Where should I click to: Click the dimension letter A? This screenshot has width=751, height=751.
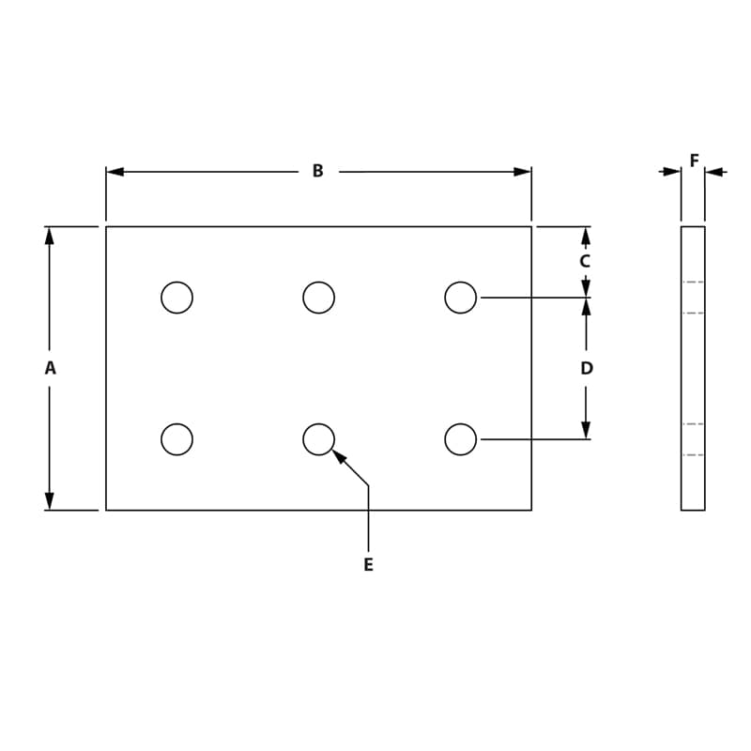click(x=50, y=369)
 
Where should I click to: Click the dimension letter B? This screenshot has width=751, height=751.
click(x=317, y=171)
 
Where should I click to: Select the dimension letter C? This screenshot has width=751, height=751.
click(x=585, y=261)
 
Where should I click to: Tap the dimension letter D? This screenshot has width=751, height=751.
click(x=587, y=369)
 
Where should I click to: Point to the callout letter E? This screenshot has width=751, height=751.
click(x=368, y=565)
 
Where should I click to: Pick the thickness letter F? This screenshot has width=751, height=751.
click(x=694, y=161)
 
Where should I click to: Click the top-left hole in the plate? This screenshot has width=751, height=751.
click(x=176, y=298)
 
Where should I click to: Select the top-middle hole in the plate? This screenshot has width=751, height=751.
click(x=318, y=298)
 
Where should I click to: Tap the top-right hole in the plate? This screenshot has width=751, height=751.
click(x=460, y=298)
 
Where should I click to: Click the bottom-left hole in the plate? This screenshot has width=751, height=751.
click(x=176, y=439)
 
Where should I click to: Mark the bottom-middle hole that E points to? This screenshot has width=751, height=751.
click(x=318, y=439)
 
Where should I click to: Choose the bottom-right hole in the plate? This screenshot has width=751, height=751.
click(x=460, y=439)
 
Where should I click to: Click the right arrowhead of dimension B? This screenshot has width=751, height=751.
click(x=522, y=172)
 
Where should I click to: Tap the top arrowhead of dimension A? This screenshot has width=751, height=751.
click(x=50, y=236)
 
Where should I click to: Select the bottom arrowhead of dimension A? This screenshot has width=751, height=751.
click(x=50, y=501)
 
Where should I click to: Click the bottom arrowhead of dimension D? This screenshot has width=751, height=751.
click(x=586, y=430)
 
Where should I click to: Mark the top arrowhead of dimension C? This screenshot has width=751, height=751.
click(x=586, y=236)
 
